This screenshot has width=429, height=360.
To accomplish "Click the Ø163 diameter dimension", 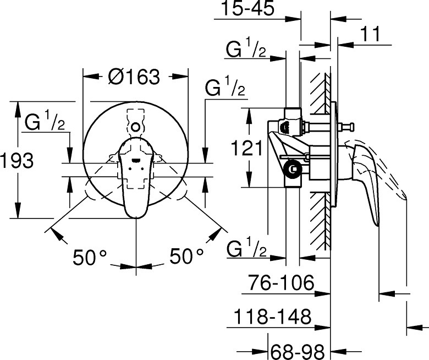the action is coord(134,77).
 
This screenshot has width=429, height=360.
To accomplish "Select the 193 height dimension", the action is coord(17,160).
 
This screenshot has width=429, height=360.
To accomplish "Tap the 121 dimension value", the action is coord(246,148).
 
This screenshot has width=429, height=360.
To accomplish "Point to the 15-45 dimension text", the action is coord(248,8).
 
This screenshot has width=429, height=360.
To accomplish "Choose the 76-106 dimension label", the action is coord(281,282).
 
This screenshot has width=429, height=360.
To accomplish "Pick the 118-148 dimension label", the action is coord(272,317).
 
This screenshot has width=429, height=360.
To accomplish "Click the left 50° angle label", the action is coord(90,257).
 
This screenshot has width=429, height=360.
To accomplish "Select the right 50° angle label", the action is coord(186,256).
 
